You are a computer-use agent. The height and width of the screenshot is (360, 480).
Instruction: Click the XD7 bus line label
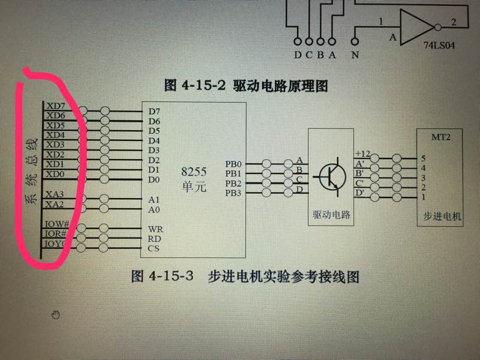point(55,106)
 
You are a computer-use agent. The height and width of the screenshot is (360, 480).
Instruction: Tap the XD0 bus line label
point(55,174)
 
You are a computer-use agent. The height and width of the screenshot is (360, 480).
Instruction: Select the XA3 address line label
point(55,194)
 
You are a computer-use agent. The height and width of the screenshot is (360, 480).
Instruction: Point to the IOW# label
point(56,224)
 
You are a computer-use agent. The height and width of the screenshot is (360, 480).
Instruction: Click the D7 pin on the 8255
point(154,111)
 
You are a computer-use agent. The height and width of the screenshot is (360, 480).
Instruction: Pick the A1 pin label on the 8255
point(154,199)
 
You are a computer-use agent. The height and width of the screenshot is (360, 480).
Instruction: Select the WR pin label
point(155,229)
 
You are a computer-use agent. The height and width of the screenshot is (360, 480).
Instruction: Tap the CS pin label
point(155,248)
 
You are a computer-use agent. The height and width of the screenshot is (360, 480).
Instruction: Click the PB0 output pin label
point(234,163)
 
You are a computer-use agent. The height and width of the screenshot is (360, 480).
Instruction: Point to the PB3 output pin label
point(234,193)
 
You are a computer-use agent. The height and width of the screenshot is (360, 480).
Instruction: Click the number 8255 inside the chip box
point(194,170)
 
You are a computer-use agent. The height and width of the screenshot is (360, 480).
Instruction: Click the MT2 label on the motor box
point(441,137)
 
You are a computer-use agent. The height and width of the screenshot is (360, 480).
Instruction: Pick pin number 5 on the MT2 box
point(424,158)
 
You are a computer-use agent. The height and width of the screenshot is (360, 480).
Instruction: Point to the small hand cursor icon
point(56,314)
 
